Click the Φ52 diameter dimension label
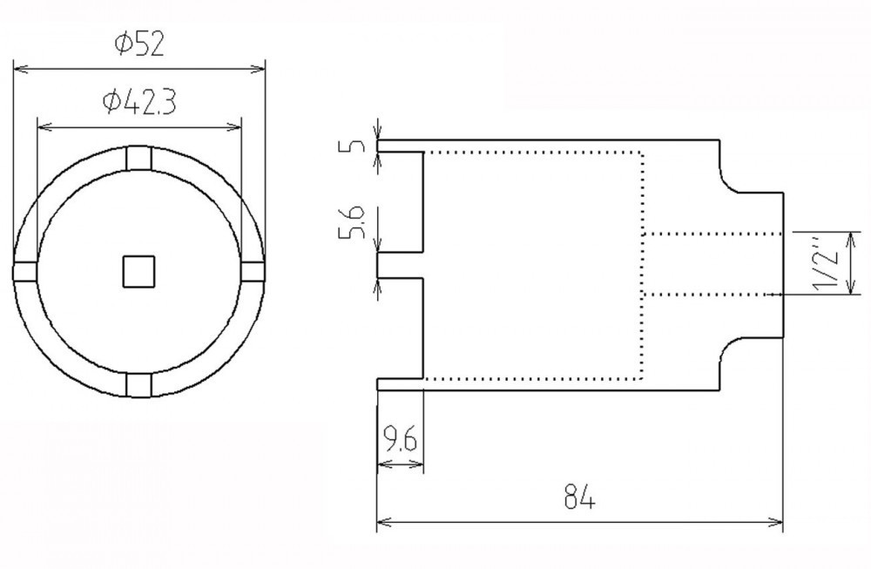click(139, 44)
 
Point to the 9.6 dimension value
click(400, 439)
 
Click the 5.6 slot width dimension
click(352, 222)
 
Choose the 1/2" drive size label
click(825, 263)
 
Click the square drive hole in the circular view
click(138, 272)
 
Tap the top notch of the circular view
click(138, 159)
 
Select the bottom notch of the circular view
click(138, 385)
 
